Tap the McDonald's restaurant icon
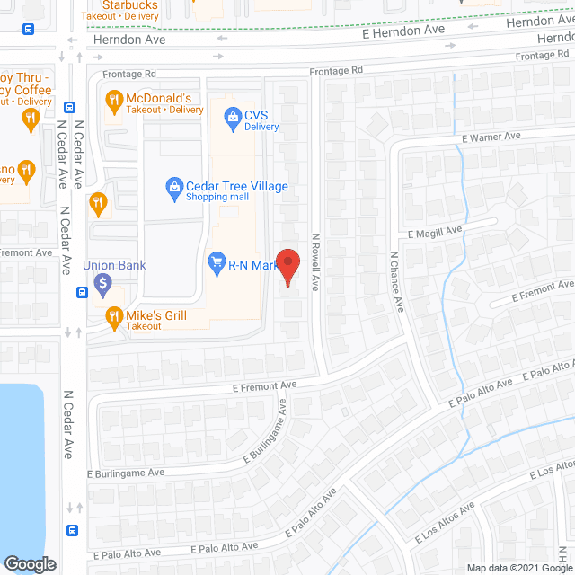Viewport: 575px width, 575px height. (114, 98)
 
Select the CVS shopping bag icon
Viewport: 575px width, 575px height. (233, 115)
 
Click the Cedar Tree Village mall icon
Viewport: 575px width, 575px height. (174, 187)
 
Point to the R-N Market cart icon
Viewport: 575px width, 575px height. (217, 263)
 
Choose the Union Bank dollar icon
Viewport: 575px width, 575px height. (102, 283)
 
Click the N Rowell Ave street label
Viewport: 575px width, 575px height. (315, 262)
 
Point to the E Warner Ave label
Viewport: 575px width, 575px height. (491, 137)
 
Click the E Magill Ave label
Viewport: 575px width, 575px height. (434, 232)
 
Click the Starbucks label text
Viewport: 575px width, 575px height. (131, 5)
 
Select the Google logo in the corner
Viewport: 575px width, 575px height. (30, 563)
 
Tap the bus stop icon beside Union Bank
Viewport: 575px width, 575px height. (82, 290)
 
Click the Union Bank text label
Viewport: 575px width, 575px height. (114, 265)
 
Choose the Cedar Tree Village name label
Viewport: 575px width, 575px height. (236, 186)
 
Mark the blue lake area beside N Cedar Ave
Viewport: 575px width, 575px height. (20, 467)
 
